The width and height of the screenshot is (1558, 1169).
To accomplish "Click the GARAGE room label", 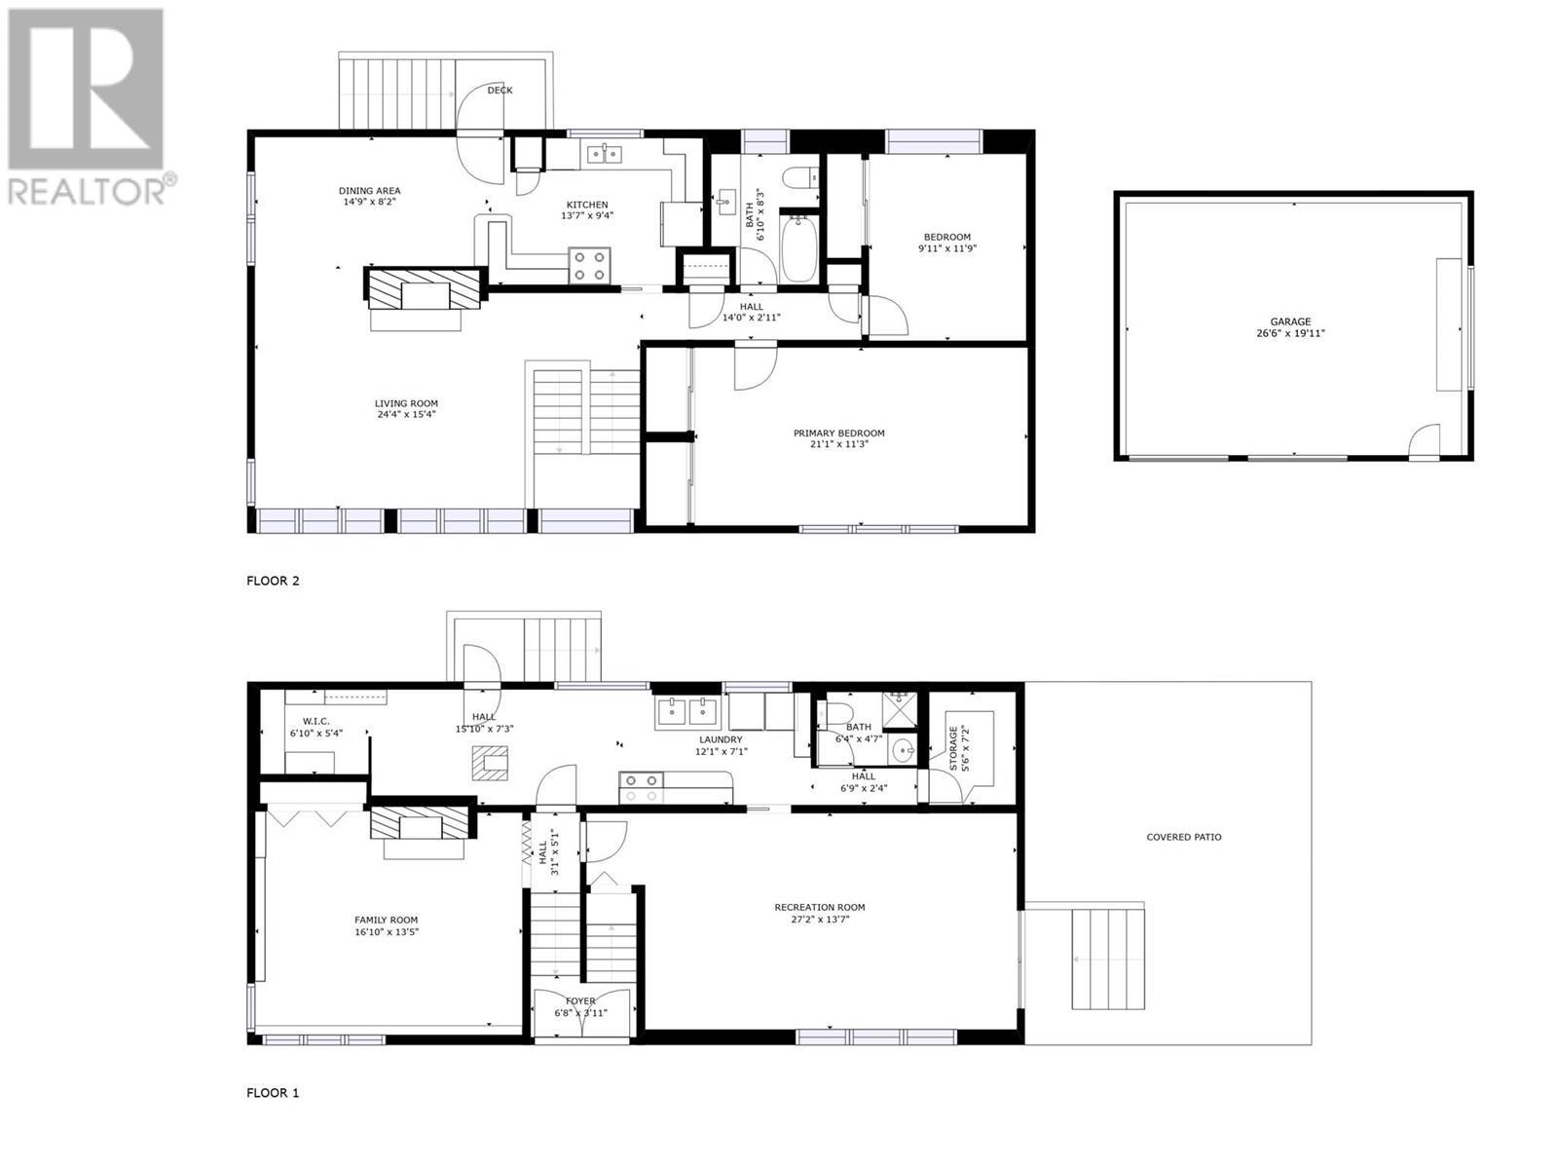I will point(1290,321).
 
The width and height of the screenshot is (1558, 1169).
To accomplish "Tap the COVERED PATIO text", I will point(1183,837).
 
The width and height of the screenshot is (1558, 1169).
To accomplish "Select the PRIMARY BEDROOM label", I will point(838,434).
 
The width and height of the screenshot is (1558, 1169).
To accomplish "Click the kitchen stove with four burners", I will point(589,266).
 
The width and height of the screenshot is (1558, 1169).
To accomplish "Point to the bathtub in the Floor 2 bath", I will point(799,250).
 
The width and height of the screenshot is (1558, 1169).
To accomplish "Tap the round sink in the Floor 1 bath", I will point(904,750).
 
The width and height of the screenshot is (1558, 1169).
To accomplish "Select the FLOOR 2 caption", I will point(273,581).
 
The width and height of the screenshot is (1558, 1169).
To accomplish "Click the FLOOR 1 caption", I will point(273,1093).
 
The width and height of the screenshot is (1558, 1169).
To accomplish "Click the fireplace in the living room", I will point(424,289).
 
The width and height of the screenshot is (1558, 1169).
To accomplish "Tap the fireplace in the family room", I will point(420,825).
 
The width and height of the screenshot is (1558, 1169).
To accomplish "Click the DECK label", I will point(500,90).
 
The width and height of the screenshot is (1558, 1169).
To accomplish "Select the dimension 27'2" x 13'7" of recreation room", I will point(819,919).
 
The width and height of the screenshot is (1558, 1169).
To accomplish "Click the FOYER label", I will point(580,1000).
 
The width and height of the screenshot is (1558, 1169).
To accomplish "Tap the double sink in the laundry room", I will point(687,712).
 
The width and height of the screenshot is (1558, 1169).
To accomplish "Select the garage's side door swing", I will point(1425,440).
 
